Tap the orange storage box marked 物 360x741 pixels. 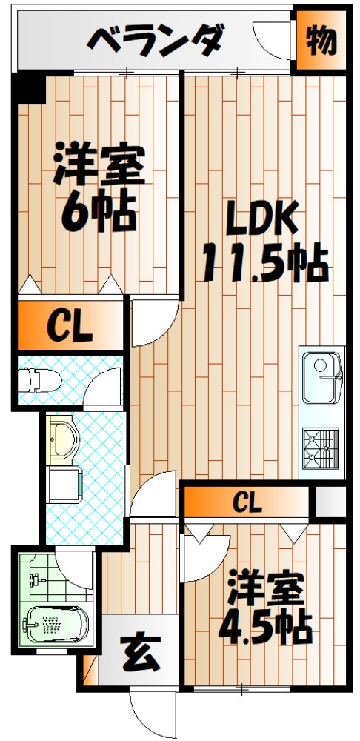click(x=321, y=41)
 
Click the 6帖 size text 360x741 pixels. click(x=99, y=213)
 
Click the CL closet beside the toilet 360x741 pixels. click(x=70, y=326)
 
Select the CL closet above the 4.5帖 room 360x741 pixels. click(x=247, y=502)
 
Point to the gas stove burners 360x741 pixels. click(x=320, y=445)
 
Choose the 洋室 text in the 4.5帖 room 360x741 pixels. click(x=265, y=589)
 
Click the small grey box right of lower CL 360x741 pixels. click(x=328, y=502)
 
